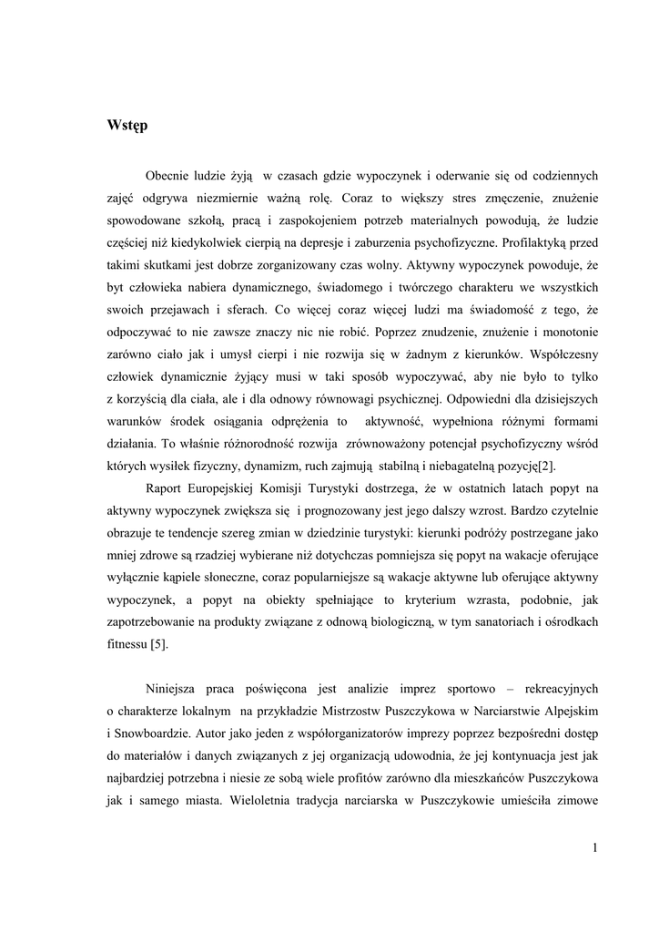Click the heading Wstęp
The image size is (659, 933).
coord(127,126)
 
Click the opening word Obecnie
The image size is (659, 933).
coord(170,174)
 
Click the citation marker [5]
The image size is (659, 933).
coord(158,644)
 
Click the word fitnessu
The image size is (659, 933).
coord(126,644)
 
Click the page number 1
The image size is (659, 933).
coord(593,849)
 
